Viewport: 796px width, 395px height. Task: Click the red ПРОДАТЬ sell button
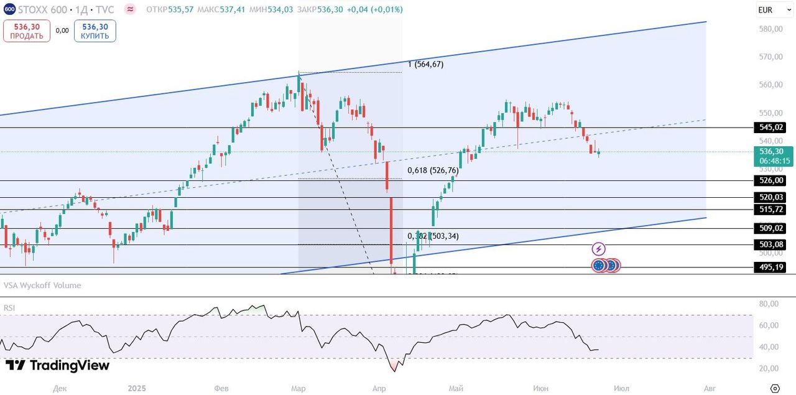point(27,31)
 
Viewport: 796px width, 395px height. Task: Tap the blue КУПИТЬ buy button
point(95,31)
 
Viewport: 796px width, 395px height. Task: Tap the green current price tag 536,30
point(774,156)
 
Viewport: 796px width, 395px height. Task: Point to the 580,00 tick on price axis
point(771,29)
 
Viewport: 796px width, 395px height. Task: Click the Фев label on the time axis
point(221,388)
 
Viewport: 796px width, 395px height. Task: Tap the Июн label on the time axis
point(541,388)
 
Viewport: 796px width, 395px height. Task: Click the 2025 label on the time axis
point(137,388)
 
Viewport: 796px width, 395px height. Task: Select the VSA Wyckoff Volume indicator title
point(42,286)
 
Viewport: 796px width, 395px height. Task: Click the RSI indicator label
point(9,308)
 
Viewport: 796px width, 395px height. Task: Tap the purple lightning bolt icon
point(598,249)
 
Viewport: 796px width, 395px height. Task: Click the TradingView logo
point(57,366)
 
